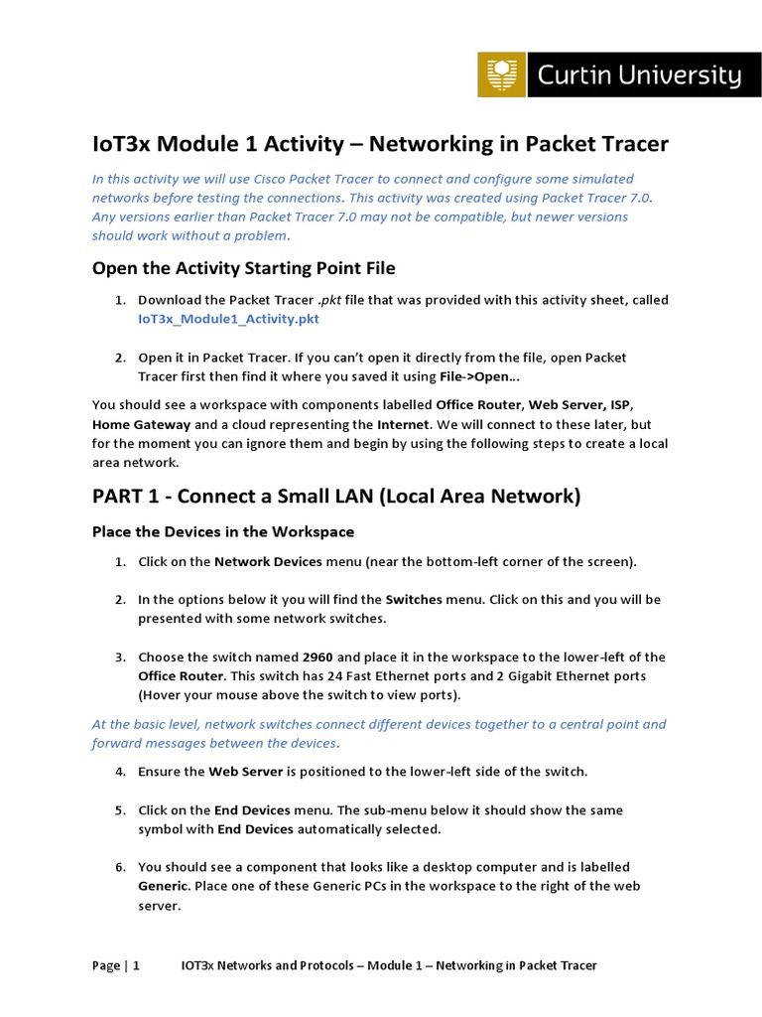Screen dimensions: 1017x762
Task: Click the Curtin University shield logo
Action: pos(502,74)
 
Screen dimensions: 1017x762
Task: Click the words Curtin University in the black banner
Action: pos(639,75)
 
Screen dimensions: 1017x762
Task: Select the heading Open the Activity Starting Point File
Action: pos(243,267)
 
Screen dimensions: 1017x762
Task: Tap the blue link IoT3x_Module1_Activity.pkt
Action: pos(228,319)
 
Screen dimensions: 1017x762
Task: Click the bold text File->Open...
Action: pos(479,376)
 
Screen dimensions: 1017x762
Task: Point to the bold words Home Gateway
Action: pos(134,424)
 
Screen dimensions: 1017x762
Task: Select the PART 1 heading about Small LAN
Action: pos(336,496)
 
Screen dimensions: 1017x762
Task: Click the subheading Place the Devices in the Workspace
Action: pos(223,531)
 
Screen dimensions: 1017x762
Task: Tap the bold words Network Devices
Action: pos(268,562)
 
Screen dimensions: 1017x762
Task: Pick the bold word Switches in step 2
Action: pos(414,600)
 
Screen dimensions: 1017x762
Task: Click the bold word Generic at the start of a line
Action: pos(161,887)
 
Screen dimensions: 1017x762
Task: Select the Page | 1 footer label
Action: pos(116,965)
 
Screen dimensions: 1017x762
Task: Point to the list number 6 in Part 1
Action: pos(119,868)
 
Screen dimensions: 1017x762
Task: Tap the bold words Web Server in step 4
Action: pos(243,772)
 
